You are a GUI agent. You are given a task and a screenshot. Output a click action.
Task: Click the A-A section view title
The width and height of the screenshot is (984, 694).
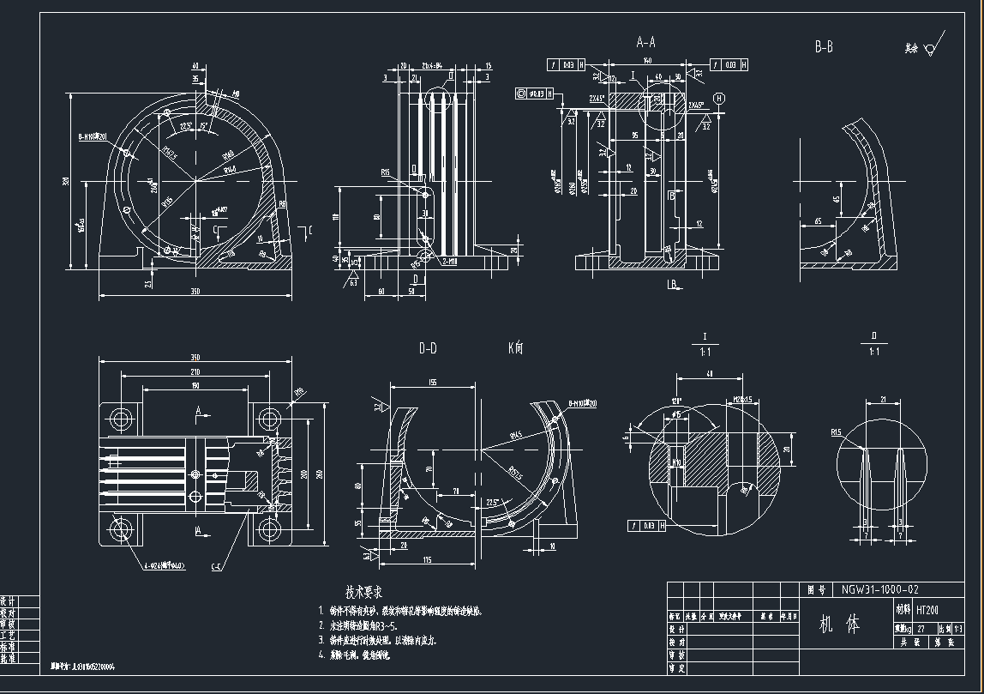click(x=645, y=42)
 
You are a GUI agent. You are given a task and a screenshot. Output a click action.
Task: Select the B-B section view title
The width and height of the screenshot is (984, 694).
click(x=824, y=48)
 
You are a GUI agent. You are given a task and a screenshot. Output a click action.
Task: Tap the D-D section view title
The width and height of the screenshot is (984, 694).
click(x=428, y=348)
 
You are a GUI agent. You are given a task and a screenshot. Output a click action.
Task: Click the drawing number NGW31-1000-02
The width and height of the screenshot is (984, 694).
click(x=879, y=590)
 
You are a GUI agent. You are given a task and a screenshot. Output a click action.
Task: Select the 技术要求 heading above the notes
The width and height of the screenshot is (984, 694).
click(x=363, y=592)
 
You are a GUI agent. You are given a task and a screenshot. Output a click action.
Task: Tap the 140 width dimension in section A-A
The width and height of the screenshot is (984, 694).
click(x=648, y=61)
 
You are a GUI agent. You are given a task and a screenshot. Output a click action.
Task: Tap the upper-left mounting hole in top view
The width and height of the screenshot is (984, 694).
click(x=121, y=420)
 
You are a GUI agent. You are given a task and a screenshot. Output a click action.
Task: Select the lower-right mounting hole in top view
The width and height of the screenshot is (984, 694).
click(x=270, y=529)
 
